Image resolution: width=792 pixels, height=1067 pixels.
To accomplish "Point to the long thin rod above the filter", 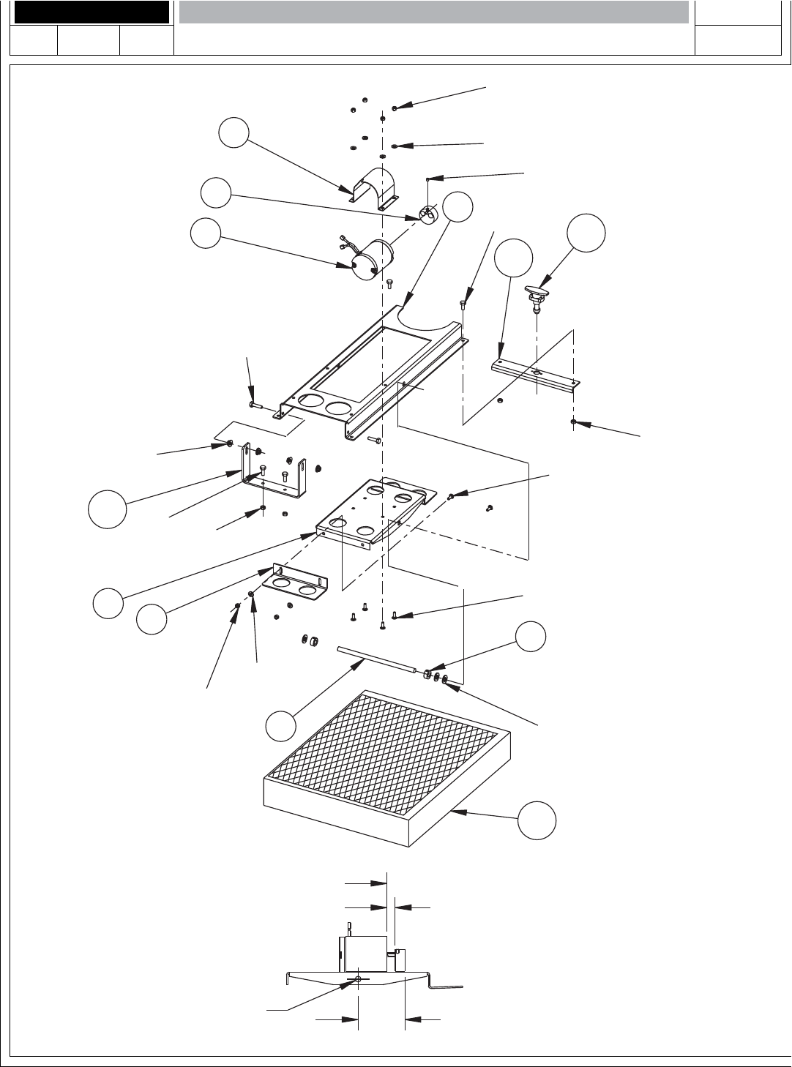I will pos(376,659).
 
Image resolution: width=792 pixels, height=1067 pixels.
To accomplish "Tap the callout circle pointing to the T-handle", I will pos(586,233).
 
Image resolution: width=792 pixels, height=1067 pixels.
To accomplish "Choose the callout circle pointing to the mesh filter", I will pos(537,820).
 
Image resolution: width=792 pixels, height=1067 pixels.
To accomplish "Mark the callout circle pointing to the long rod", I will pos(281,725).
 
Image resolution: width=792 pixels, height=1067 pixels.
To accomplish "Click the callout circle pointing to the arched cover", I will pos(234,133).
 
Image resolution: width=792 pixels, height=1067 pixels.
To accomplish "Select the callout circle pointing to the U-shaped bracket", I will pos(107,509).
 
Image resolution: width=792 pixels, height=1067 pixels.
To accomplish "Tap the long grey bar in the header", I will pos(434,12).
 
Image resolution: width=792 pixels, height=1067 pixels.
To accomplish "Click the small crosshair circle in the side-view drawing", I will pos(358,980).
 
